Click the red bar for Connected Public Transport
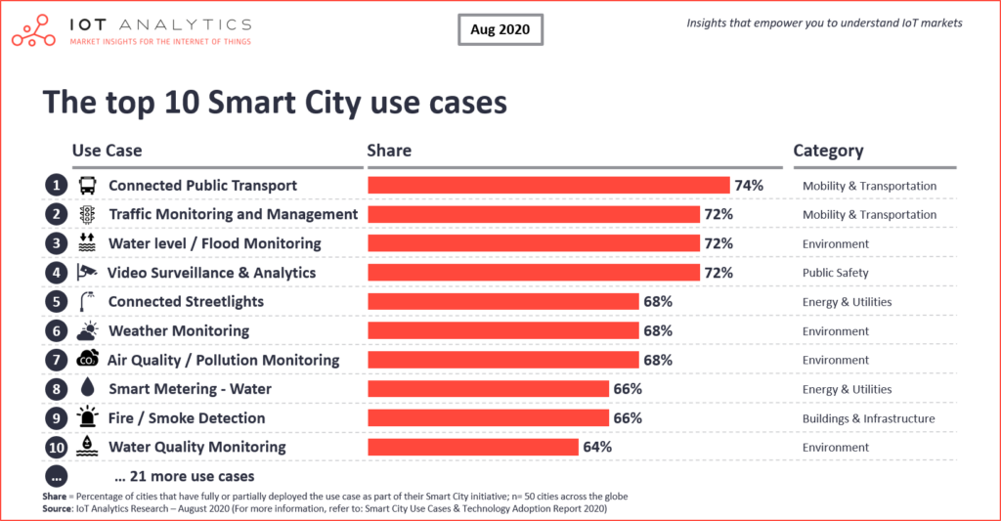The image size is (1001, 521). click(548, 186)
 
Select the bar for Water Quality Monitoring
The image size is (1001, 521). click(473, 447)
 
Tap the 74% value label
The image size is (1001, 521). click(749, 186)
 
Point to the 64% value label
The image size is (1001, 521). click(597, 447)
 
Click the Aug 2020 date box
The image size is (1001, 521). click(499, 29)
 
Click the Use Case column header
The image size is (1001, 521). click(107, 151)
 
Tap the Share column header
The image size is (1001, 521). click(389, 151)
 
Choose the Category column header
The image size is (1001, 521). click(828, 151)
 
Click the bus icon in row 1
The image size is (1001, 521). click(87, 186)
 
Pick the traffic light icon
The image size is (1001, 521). click(87, 214)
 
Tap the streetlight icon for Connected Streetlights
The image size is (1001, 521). click(87, 301)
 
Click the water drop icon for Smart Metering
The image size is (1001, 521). click(87, 389)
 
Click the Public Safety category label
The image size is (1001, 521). click(835, 273)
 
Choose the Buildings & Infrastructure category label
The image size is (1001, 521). click(868, 418)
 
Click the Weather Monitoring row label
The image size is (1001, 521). click(178, 330)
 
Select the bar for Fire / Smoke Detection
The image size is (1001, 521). click(489, 418)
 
